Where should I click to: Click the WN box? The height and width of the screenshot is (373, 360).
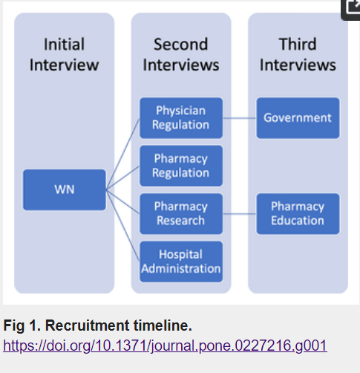click(65, 189)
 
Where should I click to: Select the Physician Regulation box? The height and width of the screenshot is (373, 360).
click(181, 118)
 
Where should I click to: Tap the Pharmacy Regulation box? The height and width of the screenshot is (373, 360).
click(181, 166)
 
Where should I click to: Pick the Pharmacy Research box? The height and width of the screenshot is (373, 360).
click(181, 214)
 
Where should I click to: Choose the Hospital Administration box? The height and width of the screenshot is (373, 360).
click(181, 262)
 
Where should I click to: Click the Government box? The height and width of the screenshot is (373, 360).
click(298, 118)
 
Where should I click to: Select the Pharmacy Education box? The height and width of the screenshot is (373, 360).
click(298, 214)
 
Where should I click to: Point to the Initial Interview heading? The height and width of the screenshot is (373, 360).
click(65, 54)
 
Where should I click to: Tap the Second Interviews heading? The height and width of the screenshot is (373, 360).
click(181, 54)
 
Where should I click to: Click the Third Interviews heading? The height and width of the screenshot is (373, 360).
click(298, 54)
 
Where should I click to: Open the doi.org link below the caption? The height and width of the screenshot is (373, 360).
click(165, 346)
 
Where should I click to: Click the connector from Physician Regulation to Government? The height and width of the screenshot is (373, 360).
click(240, 118)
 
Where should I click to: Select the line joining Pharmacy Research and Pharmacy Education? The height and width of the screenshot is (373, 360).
click(240, 214)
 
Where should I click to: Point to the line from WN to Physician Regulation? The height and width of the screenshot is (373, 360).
click(122, 154)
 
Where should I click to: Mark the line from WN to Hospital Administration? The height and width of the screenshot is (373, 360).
click(122, 225)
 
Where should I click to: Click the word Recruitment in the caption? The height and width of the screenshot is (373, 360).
click(87, 325)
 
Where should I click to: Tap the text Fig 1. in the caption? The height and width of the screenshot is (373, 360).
click(22, 325)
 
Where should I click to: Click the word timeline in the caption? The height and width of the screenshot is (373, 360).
click(163, 325)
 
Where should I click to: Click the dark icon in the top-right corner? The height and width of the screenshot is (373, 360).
click(350, 10)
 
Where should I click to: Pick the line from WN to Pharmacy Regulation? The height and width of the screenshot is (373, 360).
click(122, 178)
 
